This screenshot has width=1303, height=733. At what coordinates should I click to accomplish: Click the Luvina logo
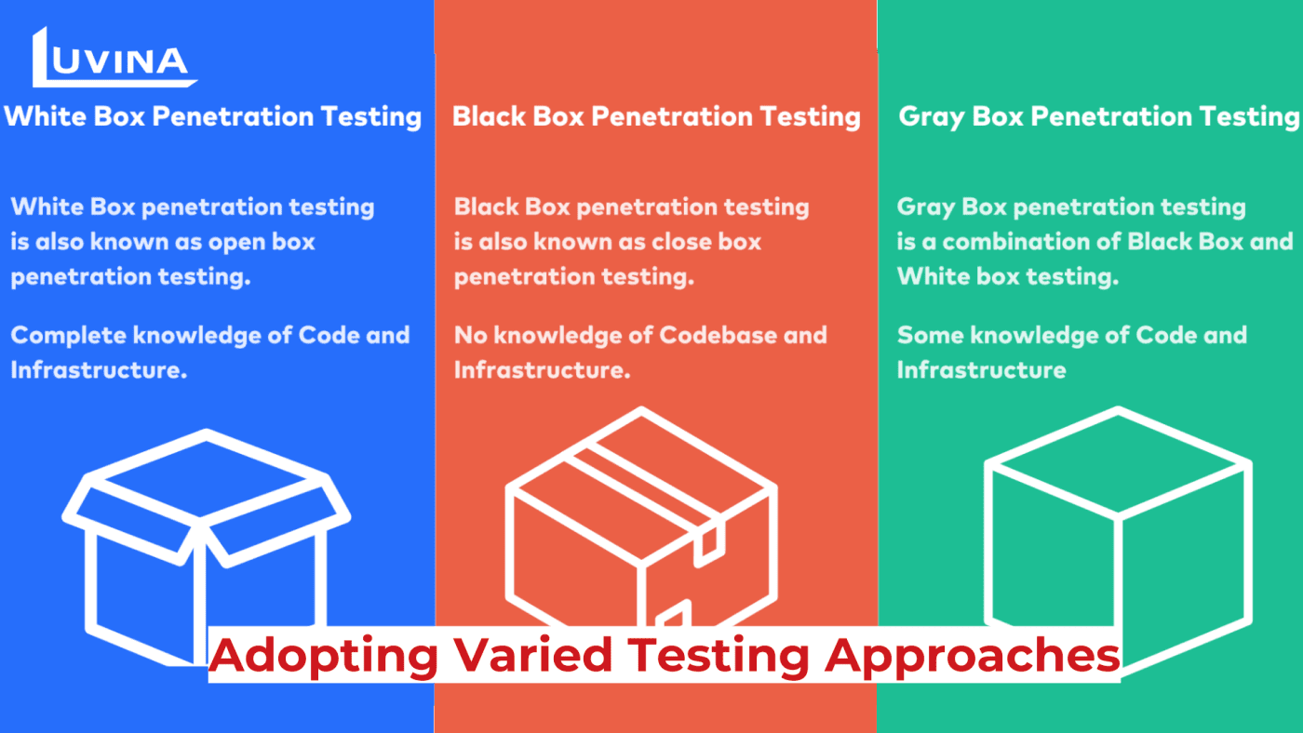coord(114,58)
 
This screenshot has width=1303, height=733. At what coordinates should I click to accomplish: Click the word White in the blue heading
coord(45,116)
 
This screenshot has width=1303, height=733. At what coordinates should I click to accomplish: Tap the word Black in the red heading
coord(489,116)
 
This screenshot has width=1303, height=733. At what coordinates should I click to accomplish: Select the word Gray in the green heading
coord(932,117)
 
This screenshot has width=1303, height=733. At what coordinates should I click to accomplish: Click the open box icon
coord(207,547)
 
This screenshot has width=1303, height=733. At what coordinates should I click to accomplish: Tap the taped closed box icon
coord(641,516)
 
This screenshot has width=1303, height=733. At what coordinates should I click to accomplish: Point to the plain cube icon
coord(1118,540)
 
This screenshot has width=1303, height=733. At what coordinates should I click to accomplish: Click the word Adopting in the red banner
coord(324,656)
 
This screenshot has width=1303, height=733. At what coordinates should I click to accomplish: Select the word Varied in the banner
coord(532,655)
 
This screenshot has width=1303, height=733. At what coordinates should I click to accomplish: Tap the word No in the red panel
coord(469,336)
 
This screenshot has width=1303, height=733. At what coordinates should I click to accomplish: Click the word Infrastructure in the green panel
coord(981,370)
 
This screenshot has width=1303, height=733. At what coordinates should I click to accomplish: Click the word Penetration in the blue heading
coord(233,116)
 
